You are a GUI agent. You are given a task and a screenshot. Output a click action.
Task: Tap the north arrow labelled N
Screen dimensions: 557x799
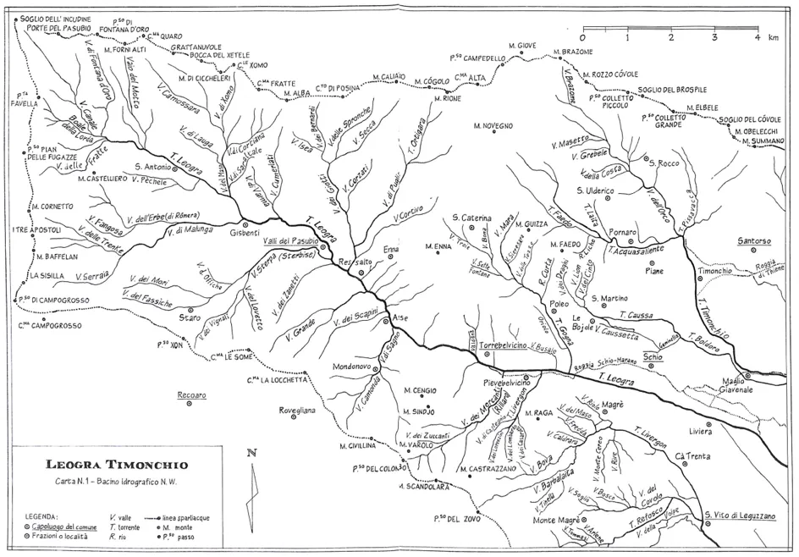[251, 486]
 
